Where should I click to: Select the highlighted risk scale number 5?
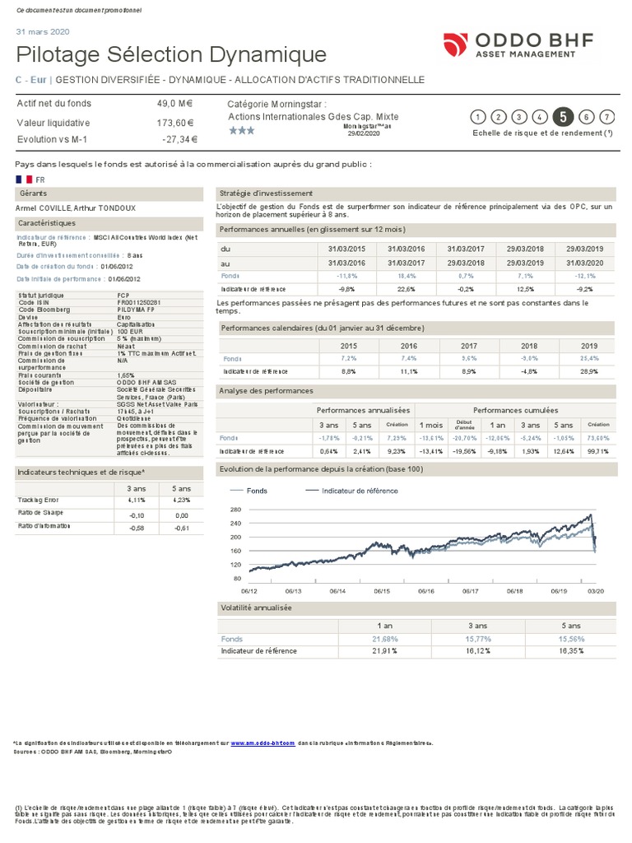(x=563, y=117)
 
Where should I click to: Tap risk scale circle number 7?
(x=607, y=117)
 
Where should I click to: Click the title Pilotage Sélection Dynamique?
(x=171, y=55)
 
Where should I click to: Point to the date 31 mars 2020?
(x=43, y=31)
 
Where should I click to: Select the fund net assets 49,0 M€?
(x=177, y=104)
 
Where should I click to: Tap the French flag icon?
(x=23, y=178)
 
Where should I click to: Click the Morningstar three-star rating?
(x=242, y=131)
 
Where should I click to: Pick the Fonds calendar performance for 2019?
(x=588, y=359)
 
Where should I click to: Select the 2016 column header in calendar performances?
(x=409, y=346)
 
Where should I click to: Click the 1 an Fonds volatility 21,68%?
(x=384, y=639)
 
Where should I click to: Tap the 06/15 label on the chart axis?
(x=382, y=591)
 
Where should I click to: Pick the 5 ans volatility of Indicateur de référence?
(x=569, y=651)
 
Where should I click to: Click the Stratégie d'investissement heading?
(x=260, y=193)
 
